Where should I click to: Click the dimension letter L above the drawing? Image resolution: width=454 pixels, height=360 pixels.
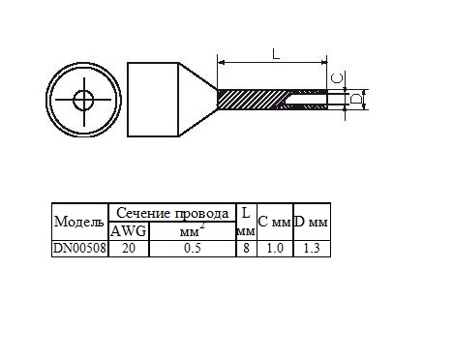[276, 54]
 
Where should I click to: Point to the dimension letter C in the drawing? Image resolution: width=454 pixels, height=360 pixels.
[337, 78]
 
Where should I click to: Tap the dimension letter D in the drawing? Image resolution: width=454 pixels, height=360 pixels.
[356, 99]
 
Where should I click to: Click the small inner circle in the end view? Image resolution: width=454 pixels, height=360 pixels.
[83, 100]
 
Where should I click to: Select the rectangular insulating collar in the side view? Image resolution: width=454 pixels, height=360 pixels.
[153, 100]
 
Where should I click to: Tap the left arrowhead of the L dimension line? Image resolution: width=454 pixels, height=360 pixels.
[221, 63]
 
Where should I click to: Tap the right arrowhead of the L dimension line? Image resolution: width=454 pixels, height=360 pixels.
[324, 63]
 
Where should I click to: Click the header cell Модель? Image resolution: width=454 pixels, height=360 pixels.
[79, 222]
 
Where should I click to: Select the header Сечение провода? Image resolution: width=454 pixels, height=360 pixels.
[172, 213]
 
